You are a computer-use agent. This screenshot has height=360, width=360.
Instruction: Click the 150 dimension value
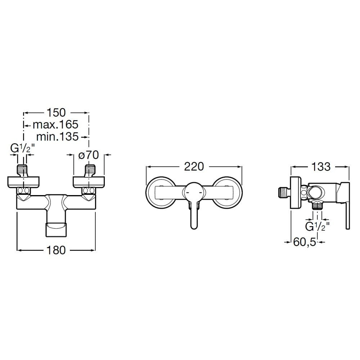point(56,112)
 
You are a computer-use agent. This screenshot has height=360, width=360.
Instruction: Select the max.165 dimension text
point(55,125)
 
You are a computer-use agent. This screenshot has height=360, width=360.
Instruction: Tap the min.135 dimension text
point(57,136)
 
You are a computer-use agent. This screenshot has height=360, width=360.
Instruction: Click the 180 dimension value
point(56,250)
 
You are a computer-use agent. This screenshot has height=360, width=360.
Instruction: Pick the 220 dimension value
point(194,166)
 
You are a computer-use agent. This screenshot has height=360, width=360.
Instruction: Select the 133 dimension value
point(321,166)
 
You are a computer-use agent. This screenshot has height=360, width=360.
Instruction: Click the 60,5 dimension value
point(305,242)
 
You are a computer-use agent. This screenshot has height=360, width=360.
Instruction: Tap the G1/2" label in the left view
point(22,148)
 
